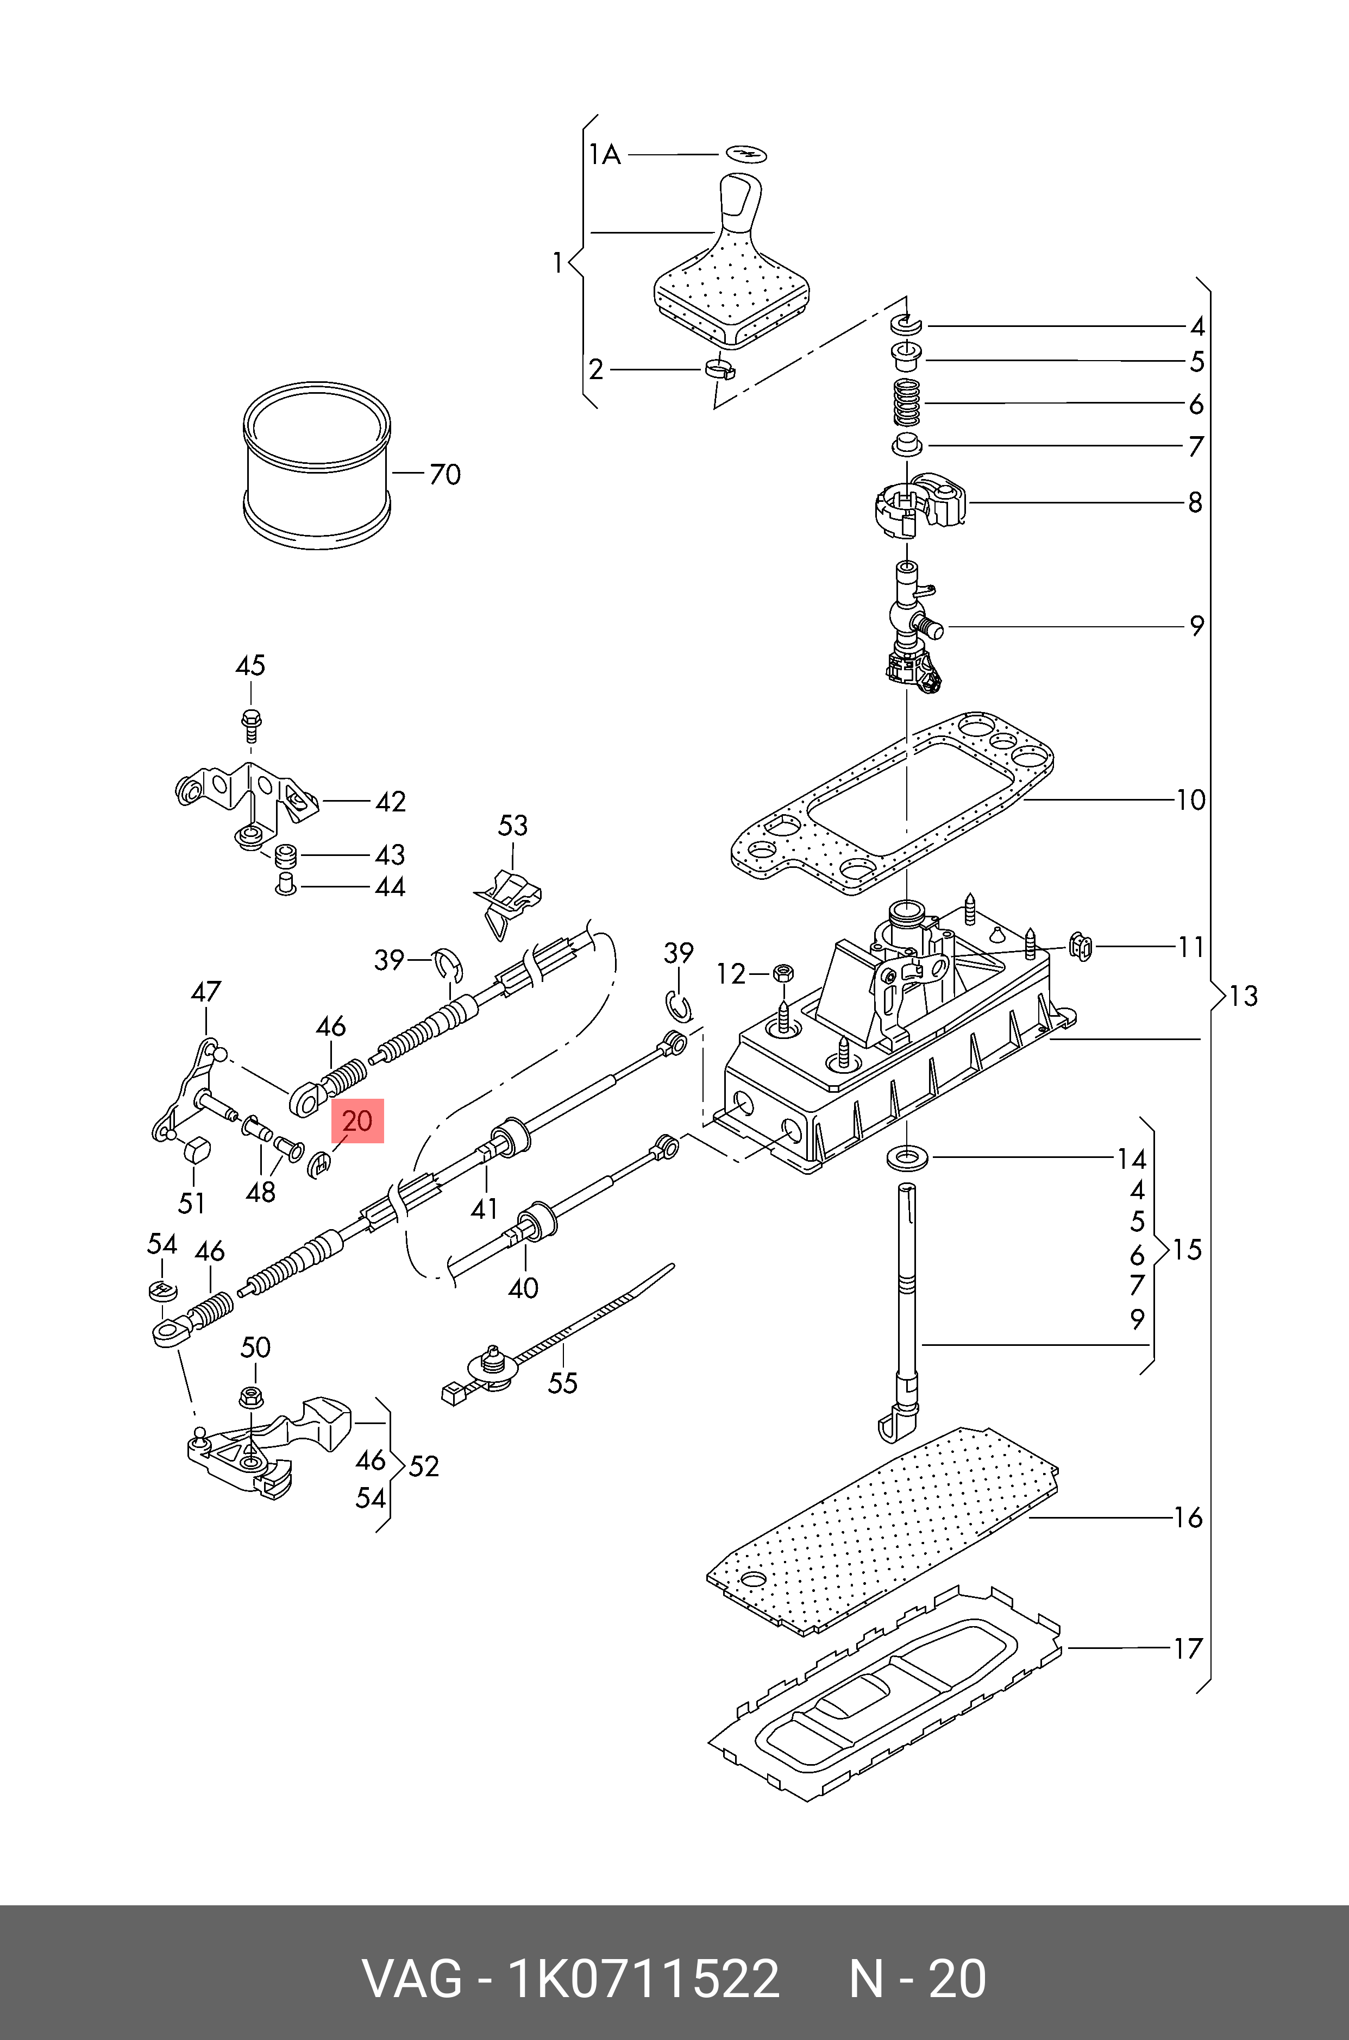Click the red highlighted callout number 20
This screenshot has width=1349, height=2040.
coord(357,1120)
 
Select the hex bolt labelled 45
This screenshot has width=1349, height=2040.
coord(251,724)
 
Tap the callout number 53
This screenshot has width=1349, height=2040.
coord(513,826)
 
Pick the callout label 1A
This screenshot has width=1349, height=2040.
coord(605,155)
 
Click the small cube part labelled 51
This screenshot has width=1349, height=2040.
coord(197,1150)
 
